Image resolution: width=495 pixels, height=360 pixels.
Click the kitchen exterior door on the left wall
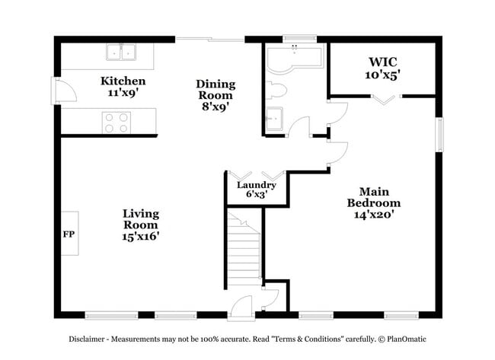(x=59, y=91)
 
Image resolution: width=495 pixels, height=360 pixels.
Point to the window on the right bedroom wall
(x=439, y=135)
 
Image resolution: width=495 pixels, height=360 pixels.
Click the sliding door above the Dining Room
(x=209, y=39)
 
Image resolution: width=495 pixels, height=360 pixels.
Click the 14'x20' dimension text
(x=373, y=215)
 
